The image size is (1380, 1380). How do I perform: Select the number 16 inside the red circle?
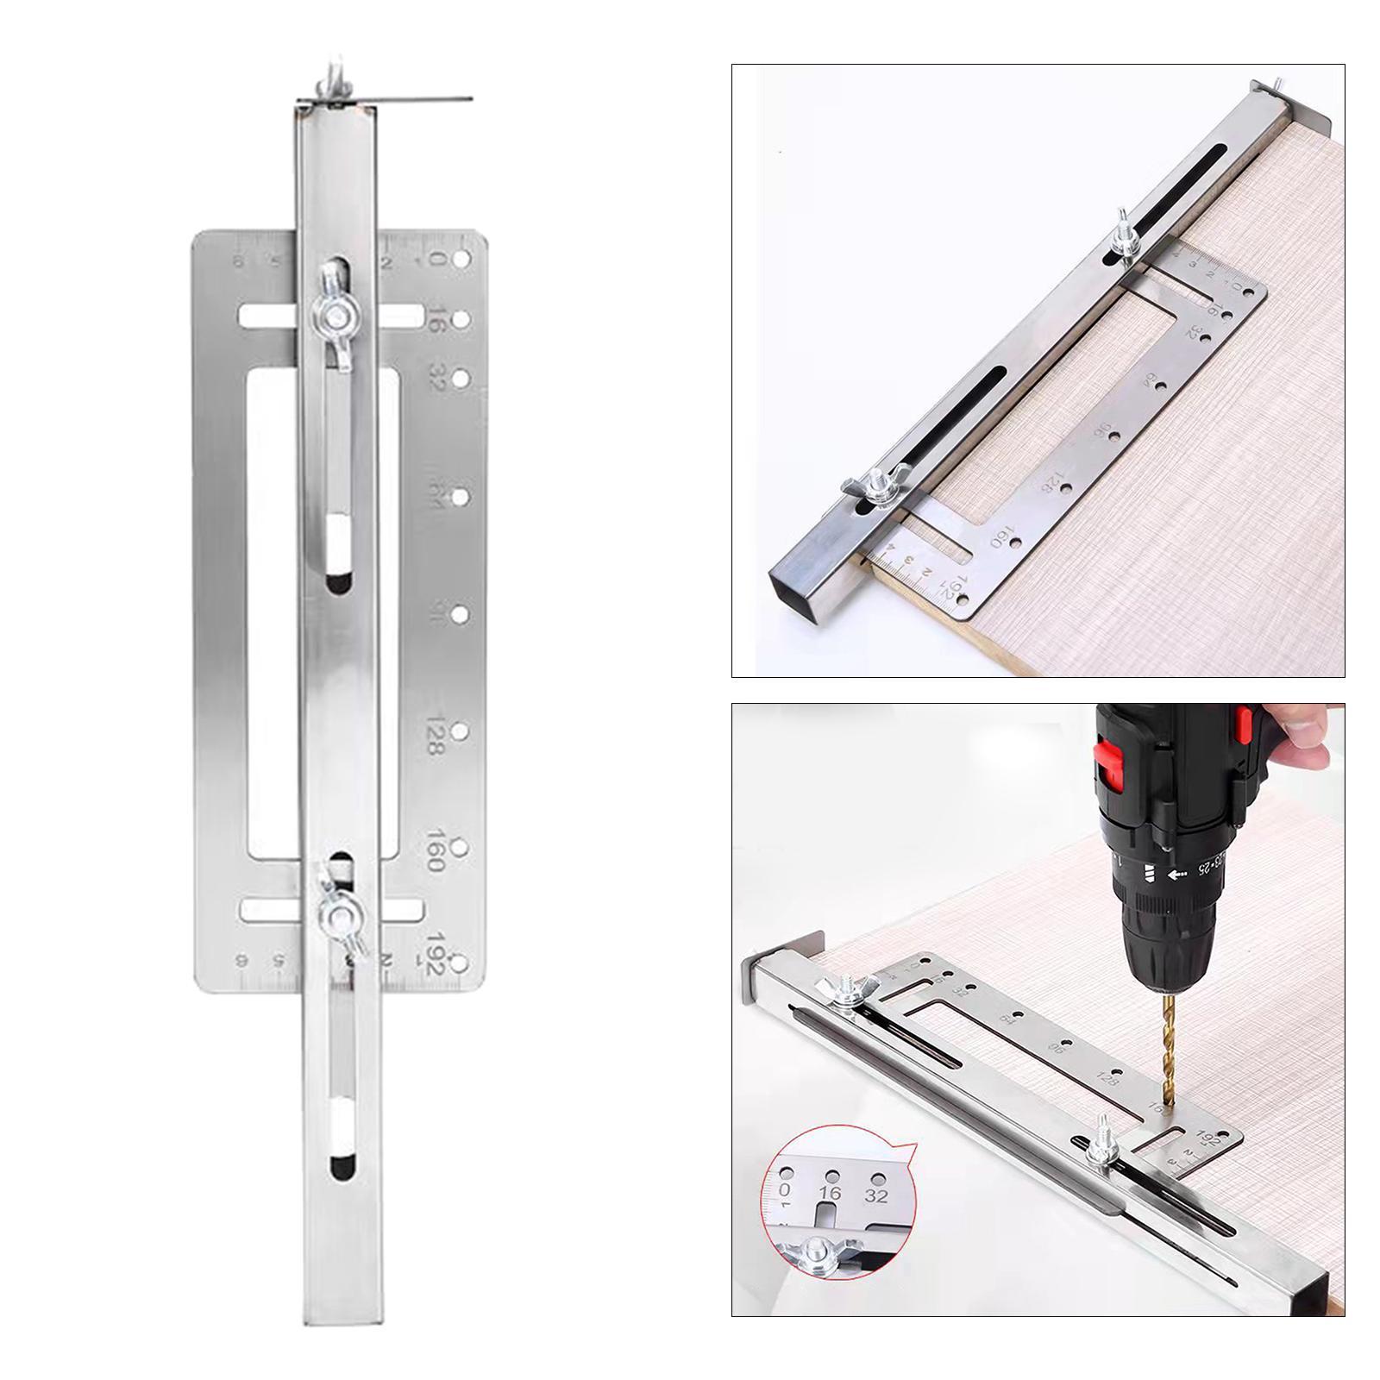[830, 1194]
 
